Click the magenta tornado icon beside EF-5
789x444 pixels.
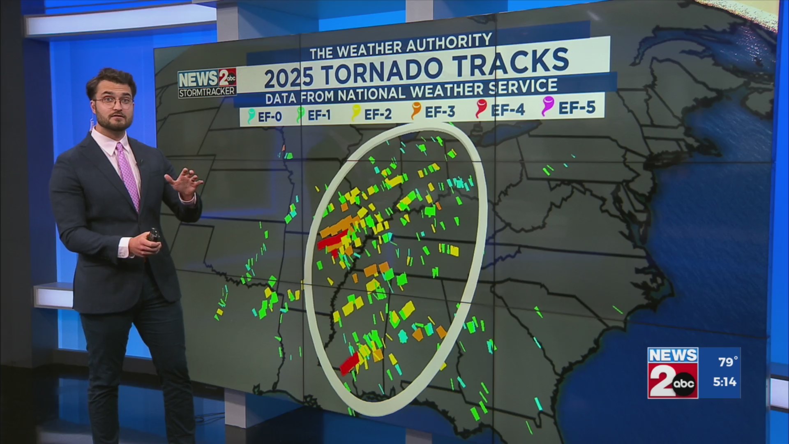tap(548, 106)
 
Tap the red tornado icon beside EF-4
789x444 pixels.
tap(480, 109)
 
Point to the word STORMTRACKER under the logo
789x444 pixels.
tap(207, 92)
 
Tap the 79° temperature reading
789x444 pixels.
tap(728, 362)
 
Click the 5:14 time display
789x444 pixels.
tap(724, 382)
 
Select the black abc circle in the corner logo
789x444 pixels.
tap(684, 384)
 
